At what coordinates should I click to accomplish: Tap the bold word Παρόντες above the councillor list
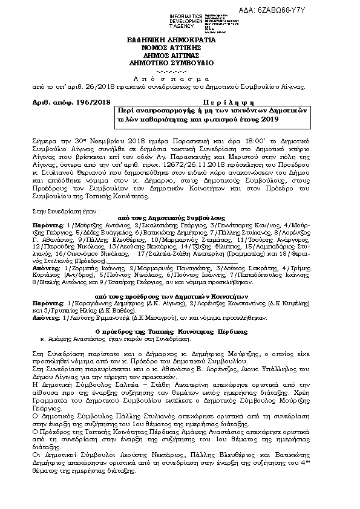[x=45, y=224]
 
